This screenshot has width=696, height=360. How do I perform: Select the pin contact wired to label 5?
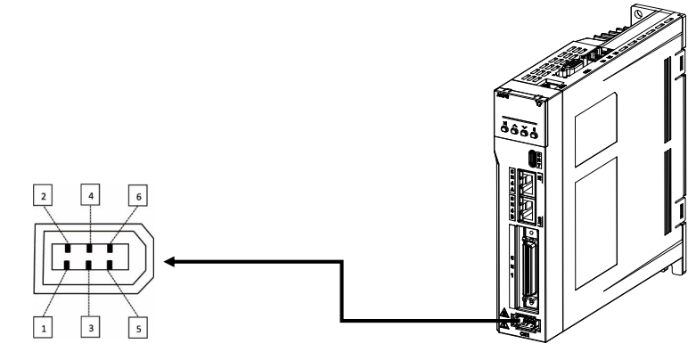pyautogui.click(x=110, y=264)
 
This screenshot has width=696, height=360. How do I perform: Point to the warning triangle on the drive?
pyautogui.click(x=504, y=315)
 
